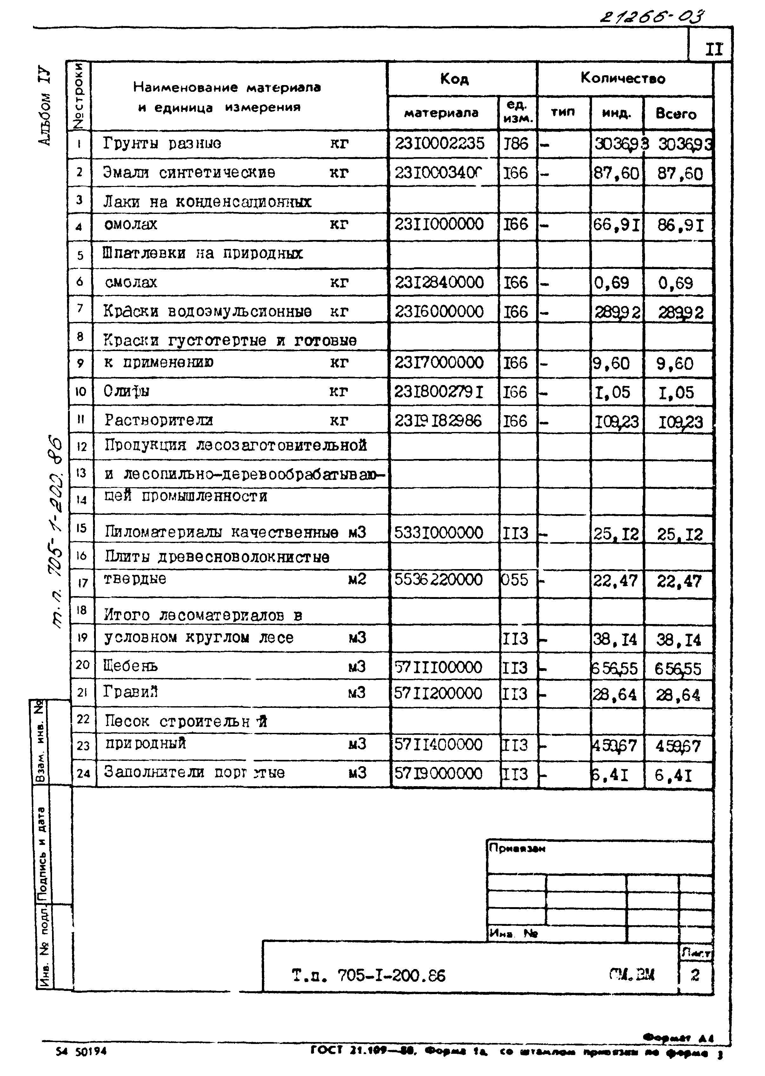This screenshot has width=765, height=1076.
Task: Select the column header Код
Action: (x=454, y=79)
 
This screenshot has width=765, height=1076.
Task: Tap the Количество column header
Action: (x=623, y=78)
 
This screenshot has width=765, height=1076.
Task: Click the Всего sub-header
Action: (x=676, y=114)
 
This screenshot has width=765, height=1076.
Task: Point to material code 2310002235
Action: (x=440, y=143)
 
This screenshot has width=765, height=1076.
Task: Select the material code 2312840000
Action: (x=440, y=282)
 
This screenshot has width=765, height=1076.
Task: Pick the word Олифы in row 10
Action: (x=126, y=391)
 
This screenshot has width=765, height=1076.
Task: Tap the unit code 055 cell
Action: (x=515, y=579)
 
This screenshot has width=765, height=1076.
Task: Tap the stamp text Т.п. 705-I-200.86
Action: (x=368, y=975)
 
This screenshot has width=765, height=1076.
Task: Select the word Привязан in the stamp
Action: (x=517, y=848)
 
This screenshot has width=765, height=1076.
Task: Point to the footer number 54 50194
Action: (x=81, y=1051)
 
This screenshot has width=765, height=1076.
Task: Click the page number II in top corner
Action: (x=714, y=49)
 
